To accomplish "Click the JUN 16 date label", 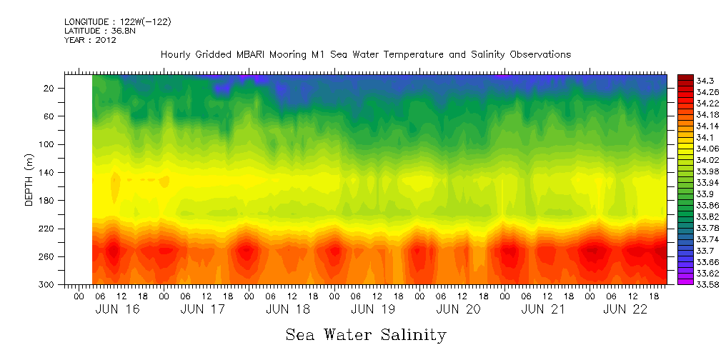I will pos(117,309).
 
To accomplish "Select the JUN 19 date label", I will pos(372,309).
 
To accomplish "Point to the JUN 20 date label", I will pos(457,309).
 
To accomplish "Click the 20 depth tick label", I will pos(50,88).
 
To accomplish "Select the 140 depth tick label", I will pos(47,172).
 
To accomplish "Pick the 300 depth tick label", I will pos(47,284).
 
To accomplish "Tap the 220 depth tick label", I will pos(47,229).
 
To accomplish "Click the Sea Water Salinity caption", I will pos(366,335).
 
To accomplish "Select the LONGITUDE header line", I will pos(117,21).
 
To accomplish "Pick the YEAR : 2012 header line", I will pos(90,40).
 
